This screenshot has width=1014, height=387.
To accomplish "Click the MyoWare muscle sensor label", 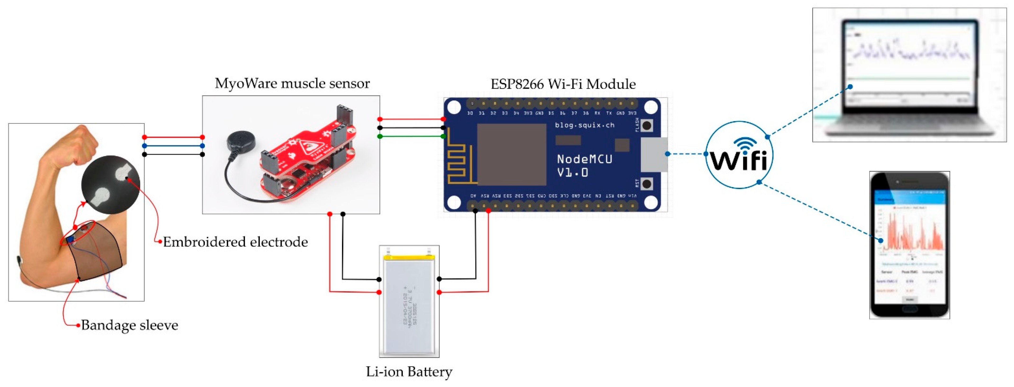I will [292, 83].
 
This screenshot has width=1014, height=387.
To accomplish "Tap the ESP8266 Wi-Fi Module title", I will [563, 84].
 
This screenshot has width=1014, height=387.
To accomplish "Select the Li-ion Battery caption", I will [409, 371].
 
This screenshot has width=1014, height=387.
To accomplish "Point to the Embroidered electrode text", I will [235, 242].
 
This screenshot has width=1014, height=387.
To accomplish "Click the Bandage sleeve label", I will [129, 325].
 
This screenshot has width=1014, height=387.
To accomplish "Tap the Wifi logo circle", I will [739, 155].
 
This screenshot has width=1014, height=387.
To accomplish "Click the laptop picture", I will [909, 75].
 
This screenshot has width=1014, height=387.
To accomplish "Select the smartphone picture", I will [909, 245].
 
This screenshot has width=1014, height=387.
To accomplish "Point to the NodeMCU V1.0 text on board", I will [584, 165].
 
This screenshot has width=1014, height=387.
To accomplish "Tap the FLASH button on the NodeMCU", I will [646, 126].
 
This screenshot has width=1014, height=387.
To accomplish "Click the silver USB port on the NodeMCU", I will [653, 154].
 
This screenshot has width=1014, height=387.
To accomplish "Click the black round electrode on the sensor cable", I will [240, 141].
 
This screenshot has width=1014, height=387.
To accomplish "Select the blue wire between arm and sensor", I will [173, 146].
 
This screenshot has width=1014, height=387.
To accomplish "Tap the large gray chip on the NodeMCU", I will [511, 154].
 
